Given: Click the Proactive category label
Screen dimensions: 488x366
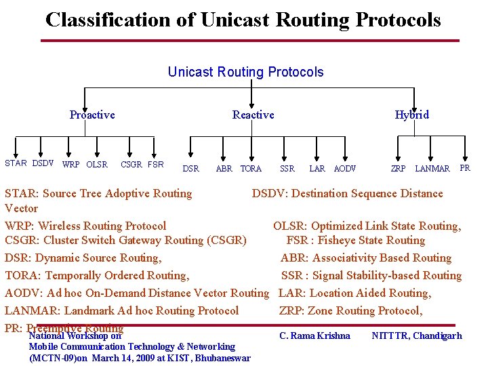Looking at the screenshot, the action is click(x=92, y=115).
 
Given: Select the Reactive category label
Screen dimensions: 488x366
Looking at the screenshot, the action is click(x=253, y=115).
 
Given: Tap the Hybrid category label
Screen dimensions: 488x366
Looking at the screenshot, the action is click(x=412, y=115).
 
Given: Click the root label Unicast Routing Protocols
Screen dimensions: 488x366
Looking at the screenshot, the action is click(x=245, y=72).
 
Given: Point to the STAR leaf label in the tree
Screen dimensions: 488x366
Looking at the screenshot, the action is click(x=16, y=163).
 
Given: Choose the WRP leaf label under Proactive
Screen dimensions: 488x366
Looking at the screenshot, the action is click(x=70, y=165).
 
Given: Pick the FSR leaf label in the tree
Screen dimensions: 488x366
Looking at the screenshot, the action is click(x=155, y=164).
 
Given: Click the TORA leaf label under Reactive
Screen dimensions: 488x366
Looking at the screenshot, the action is click(x=251, y=168).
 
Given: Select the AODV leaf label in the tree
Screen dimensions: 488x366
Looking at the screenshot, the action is click(x=345, y=168).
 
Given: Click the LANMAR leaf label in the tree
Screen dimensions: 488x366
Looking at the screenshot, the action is click(x=432, y=168).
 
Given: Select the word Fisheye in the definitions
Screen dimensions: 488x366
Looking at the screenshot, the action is click(x=340, y=240).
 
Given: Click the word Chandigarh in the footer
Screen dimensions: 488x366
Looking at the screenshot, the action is click(x=437, y=335).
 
